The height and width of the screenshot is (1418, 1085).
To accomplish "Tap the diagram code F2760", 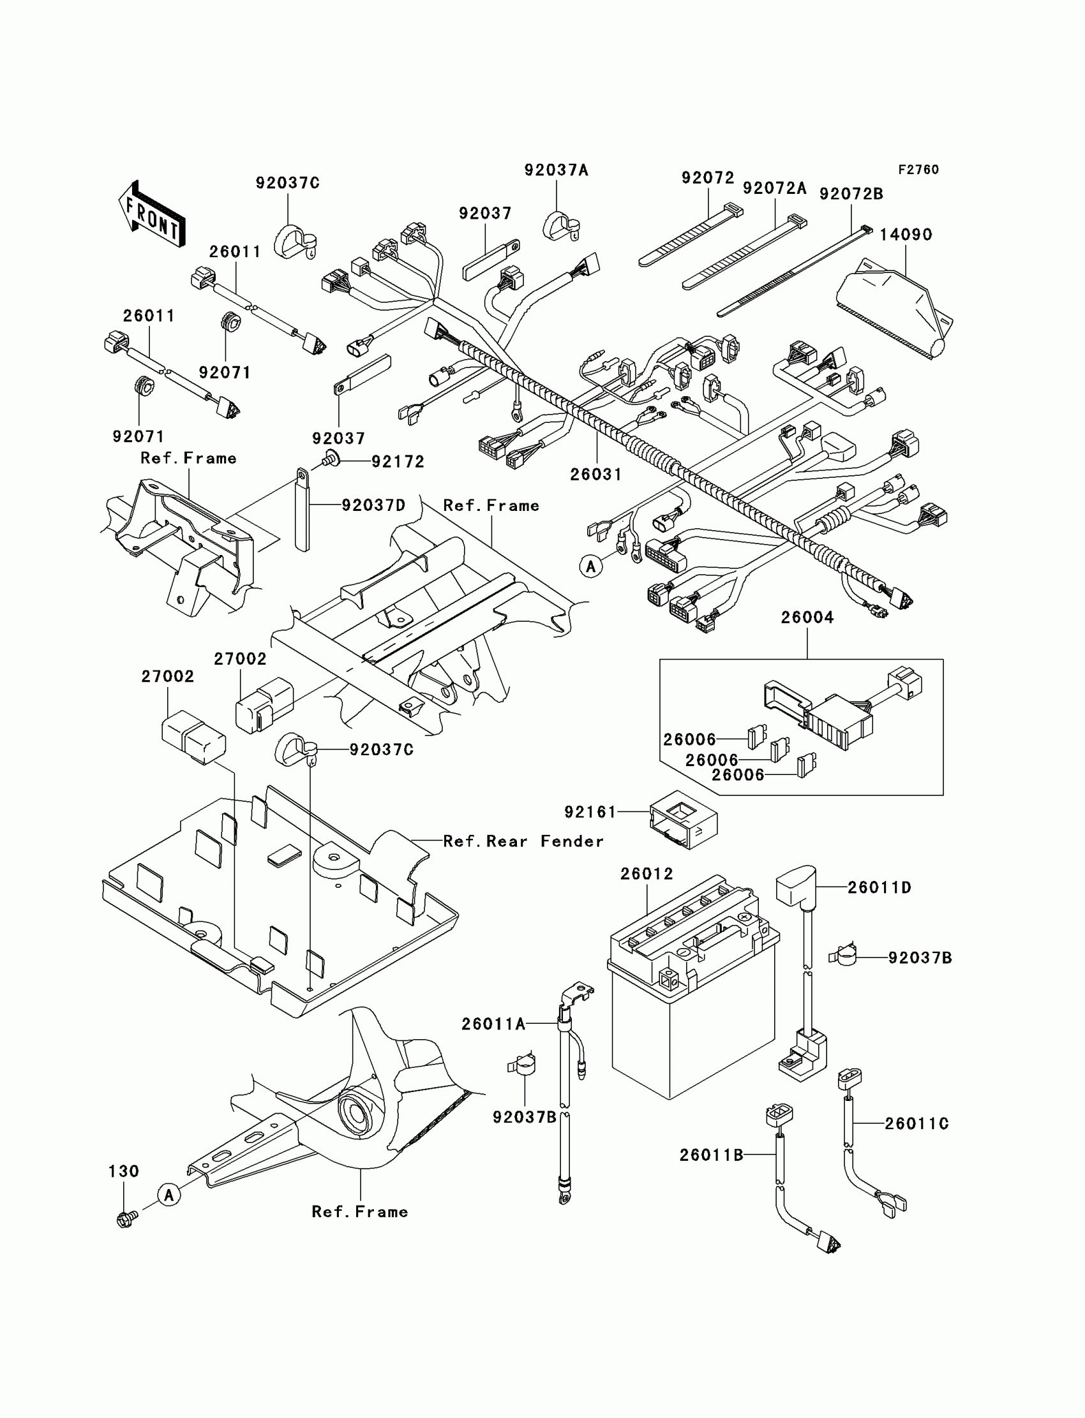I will coord(918,170).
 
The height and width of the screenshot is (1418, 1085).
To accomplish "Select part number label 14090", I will coord(906,235).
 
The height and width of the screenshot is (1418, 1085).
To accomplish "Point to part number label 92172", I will coord(397,462).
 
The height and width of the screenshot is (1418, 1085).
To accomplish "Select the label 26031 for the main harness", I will coord(596,475).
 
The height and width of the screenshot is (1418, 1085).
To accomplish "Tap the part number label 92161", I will coord(590,812).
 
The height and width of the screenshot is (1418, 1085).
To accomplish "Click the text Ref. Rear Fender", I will coord(523,841).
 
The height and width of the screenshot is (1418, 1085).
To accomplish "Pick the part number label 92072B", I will coord(851,195).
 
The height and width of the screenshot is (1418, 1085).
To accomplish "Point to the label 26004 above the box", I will coord(807,617).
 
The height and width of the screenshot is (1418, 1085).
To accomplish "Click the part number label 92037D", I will coord(373,505).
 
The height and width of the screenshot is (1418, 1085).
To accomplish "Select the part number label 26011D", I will coord(879,888).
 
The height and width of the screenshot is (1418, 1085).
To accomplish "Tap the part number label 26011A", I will coord(493,1024).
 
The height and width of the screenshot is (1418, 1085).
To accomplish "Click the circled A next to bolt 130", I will coord(168,1195).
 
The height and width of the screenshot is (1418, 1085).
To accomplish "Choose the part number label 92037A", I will coord(556,170).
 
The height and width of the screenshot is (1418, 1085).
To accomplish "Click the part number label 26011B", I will coord(711,1155).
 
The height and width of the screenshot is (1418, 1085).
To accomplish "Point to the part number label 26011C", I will coord(917,1124).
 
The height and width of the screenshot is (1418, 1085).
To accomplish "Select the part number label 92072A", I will coord(774,188).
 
